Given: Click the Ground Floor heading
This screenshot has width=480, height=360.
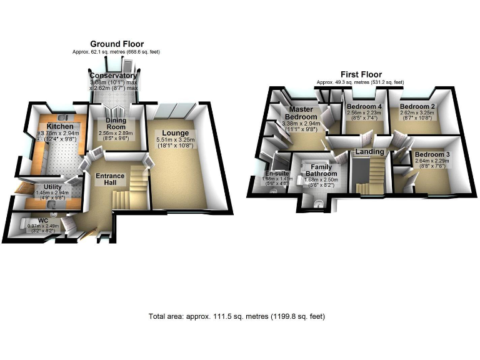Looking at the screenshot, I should pos(117,44).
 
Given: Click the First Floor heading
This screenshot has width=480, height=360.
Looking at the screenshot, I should pos(361,74).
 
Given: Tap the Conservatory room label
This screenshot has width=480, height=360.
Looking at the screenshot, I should pos(112,76).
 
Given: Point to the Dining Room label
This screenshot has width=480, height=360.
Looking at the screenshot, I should pos(116,124).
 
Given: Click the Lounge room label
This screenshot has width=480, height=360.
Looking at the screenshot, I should pos(176,132).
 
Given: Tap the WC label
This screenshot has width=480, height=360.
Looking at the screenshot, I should pos(42,221).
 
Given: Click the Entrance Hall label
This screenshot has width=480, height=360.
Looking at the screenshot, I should pos(110,180).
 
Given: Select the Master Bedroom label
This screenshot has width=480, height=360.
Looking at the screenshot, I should pos(301,112).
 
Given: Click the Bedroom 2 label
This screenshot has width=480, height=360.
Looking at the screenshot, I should pos(417,106).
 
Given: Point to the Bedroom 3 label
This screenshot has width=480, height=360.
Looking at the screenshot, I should pos(431,154).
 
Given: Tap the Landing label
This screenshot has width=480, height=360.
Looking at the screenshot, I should pos(369,152).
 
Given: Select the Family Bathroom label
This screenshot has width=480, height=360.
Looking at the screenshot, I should pos(321,170).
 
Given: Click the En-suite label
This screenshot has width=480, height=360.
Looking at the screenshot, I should pos(274,173).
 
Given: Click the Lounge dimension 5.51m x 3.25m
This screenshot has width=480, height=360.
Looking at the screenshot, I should pos(176,141).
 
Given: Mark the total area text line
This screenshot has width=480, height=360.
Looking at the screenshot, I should pos(237,316).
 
